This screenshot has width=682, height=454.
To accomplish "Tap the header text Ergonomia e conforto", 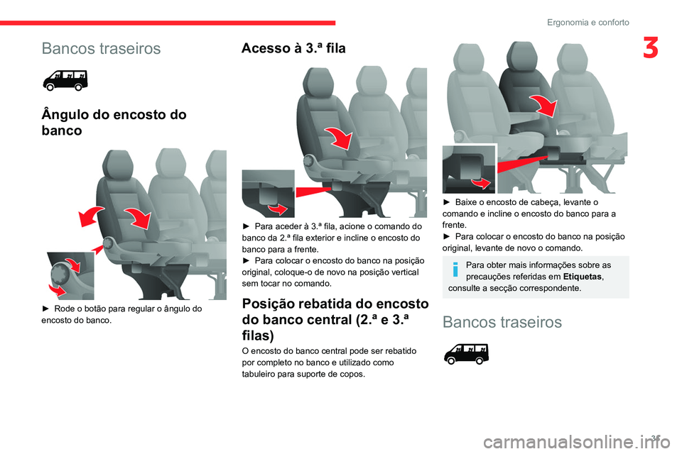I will pos(588,23).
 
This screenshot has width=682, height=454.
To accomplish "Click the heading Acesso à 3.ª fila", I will pos(293,48).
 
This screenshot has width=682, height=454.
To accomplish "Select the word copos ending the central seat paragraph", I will pos(349,374).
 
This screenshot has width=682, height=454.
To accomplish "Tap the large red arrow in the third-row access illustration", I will pos(337,137).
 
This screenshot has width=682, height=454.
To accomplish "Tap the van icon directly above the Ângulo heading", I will pos(65,81).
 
